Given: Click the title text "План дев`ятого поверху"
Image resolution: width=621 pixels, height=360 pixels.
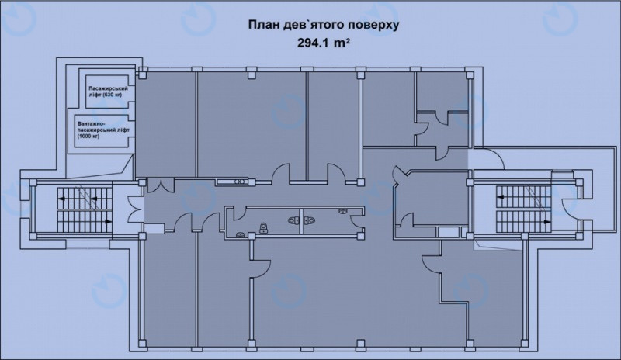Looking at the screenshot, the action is [324, 25].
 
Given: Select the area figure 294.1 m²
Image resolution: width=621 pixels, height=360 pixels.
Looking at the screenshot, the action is [323, 43].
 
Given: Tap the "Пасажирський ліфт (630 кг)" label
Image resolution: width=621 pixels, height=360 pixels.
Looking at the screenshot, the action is [108, 92].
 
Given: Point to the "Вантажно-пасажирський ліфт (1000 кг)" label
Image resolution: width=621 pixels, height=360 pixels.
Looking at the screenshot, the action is [103, 130].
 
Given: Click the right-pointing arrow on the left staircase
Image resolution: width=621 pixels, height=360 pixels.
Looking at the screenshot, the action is [107, 222].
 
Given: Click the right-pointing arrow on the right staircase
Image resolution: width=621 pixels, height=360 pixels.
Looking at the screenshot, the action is [546, 222].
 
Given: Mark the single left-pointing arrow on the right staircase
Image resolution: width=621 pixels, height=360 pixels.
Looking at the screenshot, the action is [501, 196].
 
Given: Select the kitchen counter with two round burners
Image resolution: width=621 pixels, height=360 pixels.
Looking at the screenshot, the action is [231, 182].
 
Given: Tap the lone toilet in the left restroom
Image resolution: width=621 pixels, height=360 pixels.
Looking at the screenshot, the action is [263, 228].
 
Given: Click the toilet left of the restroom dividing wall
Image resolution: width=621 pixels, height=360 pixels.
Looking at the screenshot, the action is [294, 220].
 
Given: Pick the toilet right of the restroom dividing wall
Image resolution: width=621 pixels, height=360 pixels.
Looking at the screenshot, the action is [309, 220].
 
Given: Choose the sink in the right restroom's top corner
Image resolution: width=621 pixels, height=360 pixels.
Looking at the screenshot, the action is [343, 212].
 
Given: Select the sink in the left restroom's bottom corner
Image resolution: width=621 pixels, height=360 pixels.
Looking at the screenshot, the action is [241, 234].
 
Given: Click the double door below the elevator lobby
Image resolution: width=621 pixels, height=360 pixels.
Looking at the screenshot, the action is [160, 185].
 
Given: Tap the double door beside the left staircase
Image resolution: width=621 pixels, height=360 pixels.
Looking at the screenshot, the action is [134, 209].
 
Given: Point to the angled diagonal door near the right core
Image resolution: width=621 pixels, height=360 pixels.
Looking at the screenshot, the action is [399, 175].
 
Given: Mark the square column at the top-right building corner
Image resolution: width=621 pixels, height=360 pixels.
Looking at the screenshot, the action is [469, 74].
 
